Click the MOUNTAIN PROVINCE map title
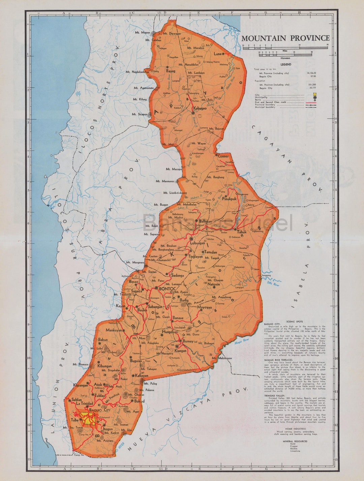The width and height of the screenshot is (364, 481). [285, 38]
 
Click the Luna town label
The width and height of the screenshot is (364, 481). [217, 54]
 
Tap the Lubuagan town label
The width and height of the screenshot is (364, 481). [198, 243]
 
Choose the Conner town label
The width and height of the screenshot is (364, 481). [223, 156]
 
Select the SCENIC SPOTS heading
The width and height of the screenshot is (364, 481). [294, 322]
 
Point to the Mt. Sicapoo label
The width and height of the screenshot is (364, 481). [139, 114]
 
